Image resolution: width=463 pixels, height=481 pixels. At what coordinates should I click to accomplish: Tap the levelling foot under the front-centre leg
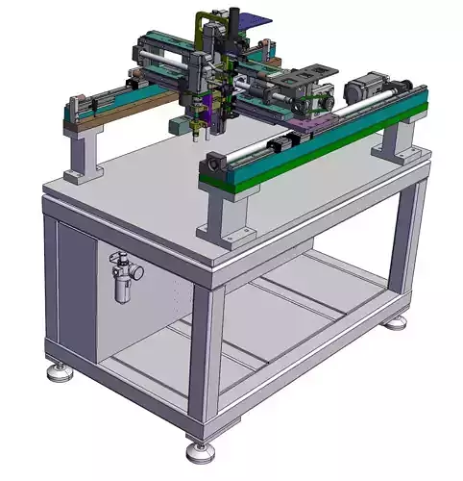(199, 447)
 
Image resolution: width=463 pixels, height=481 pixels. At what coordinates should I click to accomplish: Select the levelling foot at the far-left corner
(60, 370)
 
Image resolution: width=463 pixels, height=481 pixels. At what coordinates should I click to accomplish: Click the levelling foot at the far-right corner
(395, 321)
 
